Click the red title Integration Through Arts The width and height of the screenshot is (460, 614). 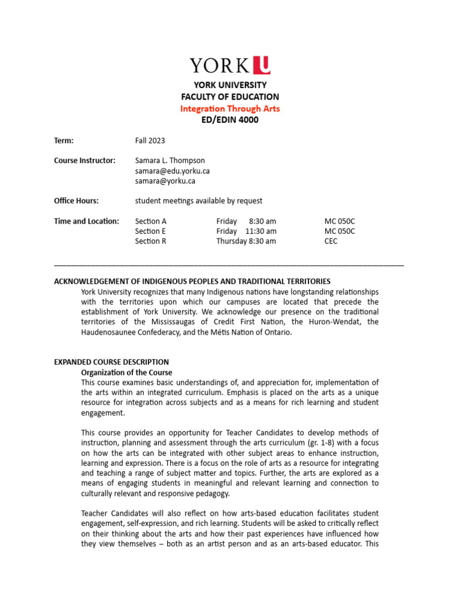point(230,109)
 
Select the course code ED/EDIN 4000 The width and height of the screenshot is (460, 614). point(230,120)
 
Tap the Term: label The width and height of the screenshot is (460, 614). point(63,140)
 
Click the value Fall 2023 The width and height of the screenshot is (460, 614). point(150,140)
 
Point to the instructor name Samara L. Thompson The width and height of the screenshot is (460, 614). point(170,160)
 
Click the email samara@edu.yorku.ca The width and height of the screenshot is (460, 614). point(172,170)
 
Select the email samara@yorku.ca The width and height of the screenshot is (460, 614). point(165,180)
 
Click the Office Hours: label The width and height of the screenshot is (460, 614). point(76,201)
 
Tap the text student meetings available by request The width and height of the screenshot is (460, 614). point(198,201)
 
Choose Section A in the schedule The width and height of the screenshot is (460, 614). point(151,221)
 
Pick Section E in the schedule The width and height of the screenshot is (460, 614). point(150,231)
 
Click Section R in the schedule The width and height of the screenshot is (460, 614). point(151,241)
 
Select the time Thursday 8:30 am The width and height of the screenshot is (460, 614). point(246,241)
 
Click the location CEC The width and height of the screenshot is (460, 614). point(331,241)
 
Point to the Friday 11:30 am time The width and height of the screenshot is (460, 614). point(246,231)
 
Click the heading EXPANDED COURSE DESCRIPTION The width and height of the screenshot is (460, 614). point(111,362)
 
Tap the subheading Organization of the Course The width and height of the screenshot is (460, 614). point(126,372)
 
